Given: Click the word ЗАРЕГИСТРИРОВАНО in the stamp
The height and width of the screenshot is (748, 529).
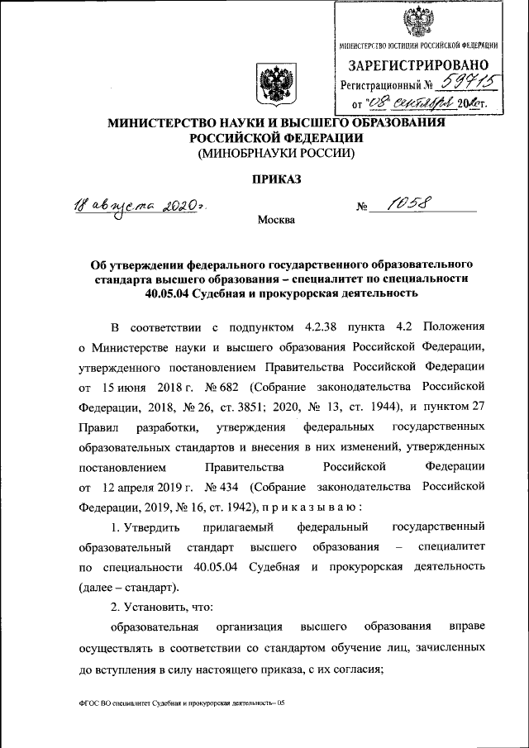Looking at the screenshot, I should [417, 65].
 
